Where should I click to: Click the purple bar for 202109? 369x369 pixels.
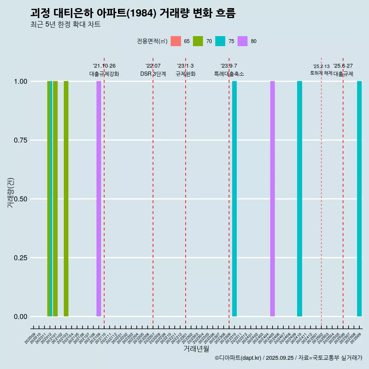click(x=99, y=199)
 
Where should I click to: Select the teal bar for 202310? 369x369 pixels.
click(x=234, y=199)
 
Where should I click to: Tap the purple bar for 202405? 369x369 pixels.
click(x=273, y=199)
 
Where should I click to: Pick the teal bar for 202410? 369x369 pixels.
click(x=299, y=199)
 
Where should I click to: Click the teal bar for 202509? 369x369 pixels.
click(x=359, y=199)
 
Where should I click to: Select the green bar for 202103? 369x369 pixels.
click(x=66, y=199)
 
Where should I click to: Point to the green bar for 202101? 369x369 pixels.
click(x=55, y=199)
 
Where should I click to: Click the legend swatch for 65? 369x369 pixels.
click(x=176, y=41)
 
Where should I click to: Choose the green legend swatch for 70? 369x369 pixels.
click(x=198, y=41)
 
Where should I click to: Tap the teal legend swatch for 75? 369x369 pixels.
click(x=220, y=41)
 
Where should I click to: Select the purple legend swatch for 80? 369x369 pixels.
click(x=243, y=41)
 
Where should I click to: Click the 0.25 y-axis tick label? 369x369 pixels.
click(x=21, y=258)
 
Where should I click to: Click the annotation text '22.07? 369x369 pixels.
click(x=153, y=66)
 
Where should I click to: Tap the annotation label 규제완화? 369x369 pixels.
click(x=186, y=74)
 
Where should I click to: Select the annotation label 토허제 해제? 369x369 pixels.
click(x=321, y=73)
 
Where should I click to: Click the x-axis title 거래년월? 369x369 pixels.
click(x=196, y=349)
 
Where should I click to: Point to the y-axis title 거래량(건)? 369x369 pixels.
click(x=11, y=192)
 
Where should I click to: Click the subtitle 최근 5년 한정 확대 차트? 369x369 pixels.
click(x=65, y=25)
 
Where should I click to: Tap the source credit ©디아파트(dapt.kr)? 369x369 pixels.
click(x=238, y=358)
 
